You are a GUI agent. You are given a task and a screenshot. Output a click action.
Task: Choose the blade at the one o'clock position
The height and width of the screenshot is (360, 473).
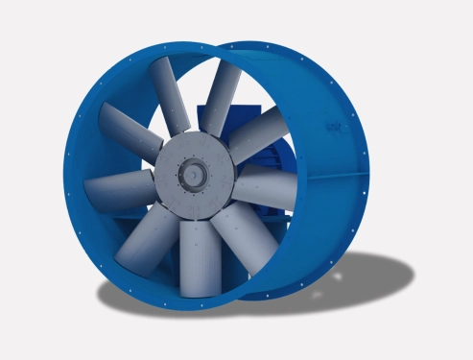tap(224, 91)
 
